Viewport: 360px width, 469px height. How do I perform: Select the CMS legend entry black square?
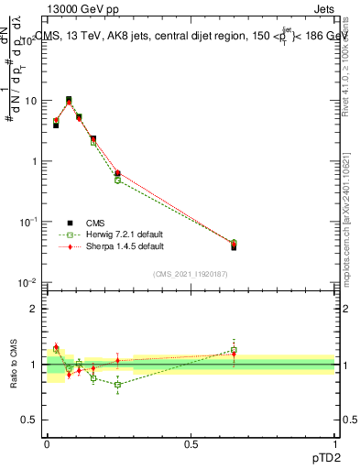point(70,222)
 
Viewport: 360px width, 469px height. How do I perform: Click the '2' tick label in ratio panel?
point(35,309)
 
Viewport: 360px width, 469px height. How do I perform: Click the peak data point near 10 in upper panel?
point(69,100)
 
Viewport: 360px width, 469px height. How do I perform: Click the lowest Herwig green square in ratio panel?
point(117,385)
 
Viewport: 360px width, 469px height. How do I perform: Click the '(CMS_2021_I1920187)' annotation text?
point(191,273)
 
